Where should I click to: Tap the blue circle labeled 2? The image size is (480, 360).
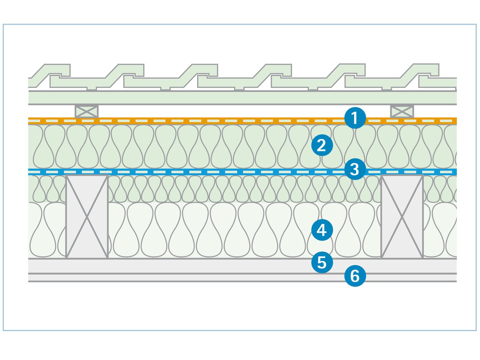322,145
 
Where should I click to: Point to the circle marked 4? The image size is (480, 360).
322,230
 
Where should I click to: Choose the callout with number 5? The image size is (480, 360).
322,262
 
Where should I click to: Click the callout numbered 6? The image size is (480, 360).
355,276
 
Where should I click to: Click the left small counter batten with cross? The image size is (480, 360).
86,111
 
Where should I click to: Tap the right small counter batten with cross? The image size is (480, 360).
402,111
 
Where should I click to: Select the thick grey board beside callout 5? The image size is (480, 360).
180,266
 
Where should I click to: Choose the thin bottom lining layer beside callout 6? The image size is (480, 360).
180,277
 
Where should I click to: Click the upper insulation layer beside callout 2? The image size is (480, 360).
180,146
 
